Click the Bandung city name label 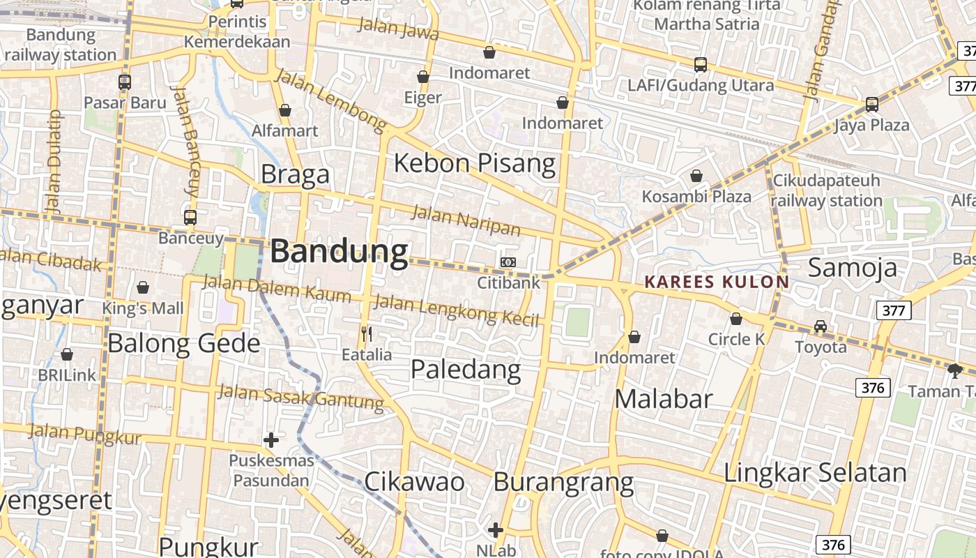(x=339, y=252)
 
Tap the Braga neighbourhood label (x=295, y=174)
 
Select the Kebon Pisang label (x=475, y=163)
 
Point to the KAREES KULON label (x=717, y=282)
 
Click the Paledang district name (x=466, y=369)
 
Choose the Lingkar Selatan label (x=815, y=472)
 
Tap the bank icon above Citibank (x=508, y=262)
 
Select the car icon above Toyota (x=821, y=326)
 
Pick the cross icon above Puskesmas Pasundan (x=271, y=440)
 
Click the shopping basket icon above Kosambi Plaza (x=696, y=176)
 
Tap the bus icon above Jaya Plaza (x=871, y=105)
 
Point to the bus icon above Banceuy (x=190, y=218)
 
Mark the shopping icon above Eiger (x=423, y=77)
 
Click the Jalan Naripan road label (x=466, y=220)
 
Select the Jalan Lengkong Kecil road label (x=457, y=310)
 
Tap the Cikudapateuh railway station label (x=827, y=190)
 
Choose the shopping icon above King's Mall (x=143, y=287)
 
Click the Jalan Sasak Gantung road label (x=300, y=396)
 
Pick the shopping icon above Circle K (x=736, y=319)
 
